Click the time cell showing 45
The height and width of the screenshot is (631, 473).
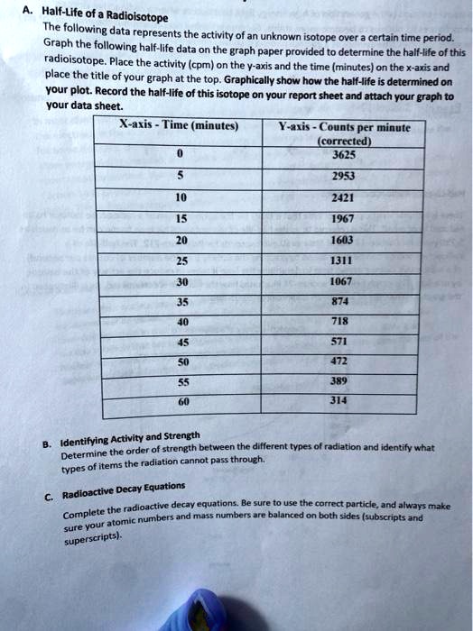183,341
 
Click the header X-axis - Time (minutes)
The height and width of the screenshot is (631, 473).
179,127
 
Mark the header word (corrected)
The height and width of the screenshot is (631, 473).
345,141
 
